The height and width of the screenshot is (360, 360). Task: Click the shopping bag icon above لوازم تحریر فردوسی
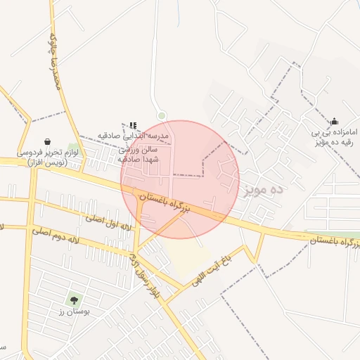coord(47,141)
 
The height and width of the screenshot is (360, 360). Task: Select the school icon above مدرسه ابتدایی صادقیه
coord(133,125)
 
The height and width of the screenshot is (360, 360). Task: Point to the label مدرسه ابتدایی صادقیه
coord(143,134)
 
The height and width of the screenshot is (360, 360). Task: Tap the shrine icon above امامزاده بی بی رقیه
coord(334,120)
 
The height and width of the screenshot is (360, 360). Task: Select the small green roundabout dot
coord(162,115)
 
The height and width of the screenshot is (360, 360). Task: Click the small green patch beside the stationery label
coord(73,148)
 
